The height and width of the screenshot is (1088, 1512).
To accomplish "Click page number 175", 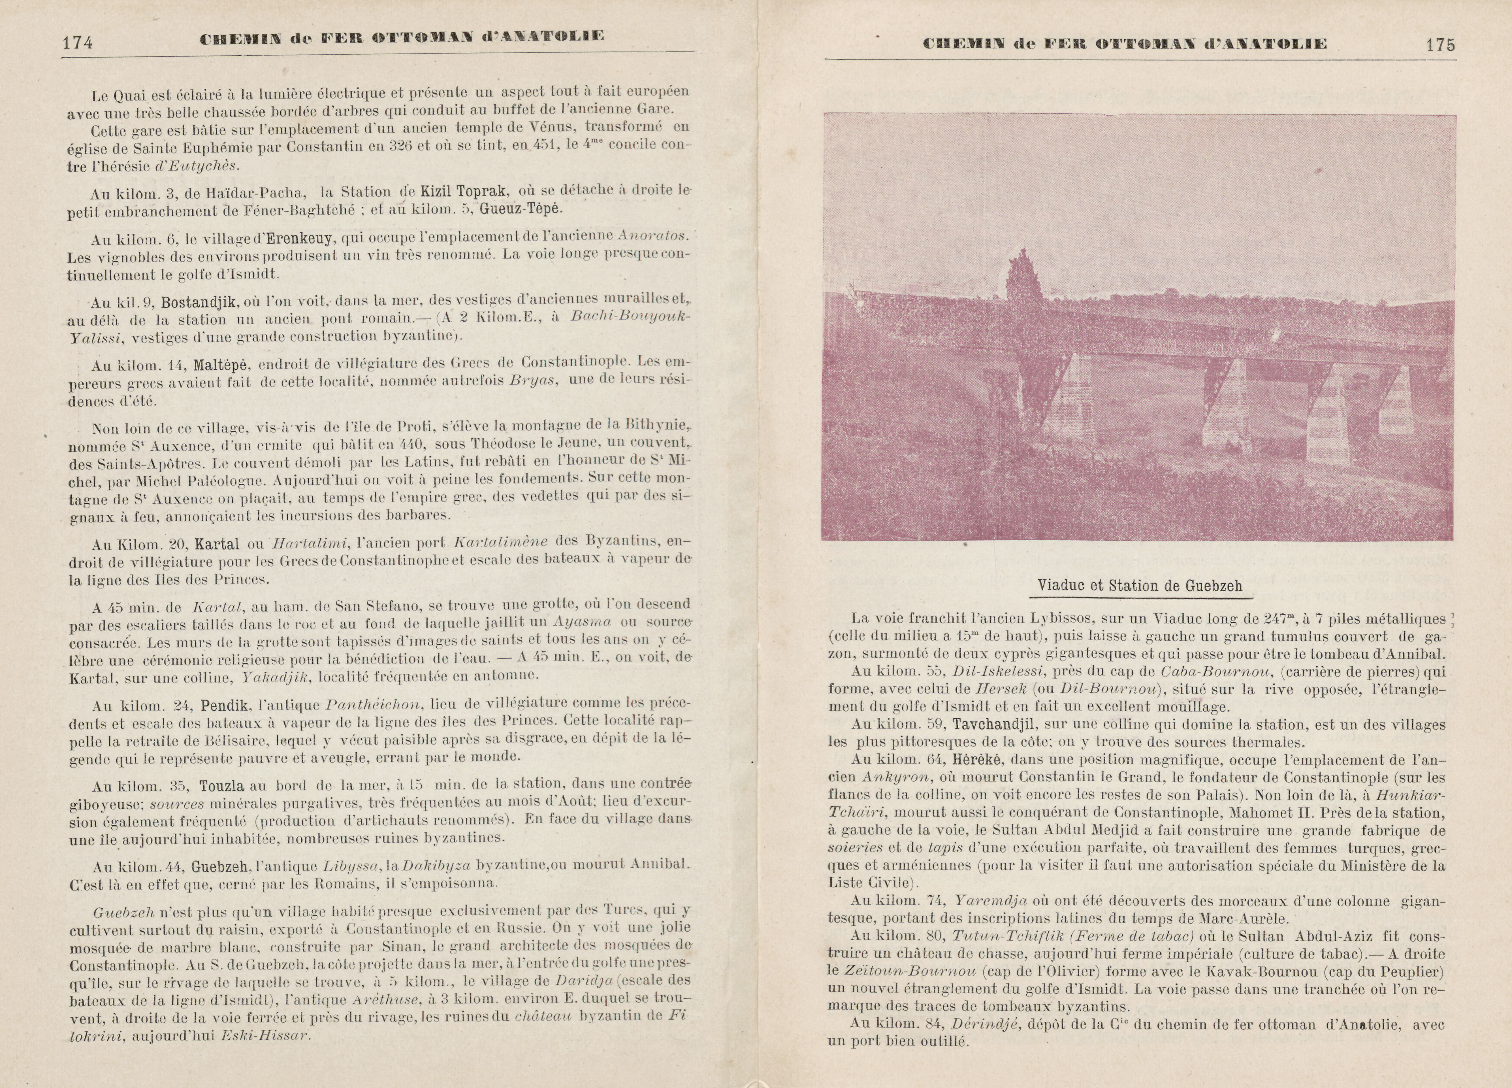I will (1440, 45).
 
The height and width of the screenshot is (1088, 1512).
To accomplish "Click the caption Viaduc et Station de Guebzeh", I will (1139, 586).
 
